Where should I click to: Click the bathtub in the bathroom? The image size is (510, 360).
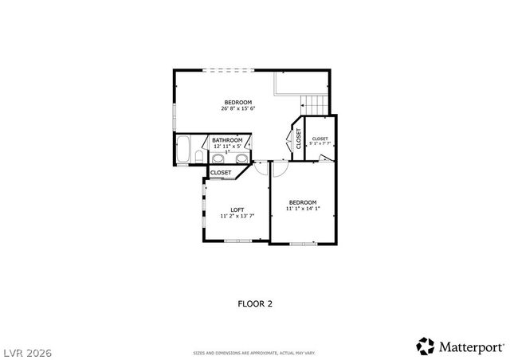pos(183,151)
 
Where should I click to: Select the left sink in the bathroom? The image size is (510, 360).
pos(218,158)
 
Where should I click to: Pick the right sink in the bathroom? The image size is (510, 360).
pos(240,158)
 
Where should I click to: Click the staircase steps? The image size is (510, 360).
pos(314,104)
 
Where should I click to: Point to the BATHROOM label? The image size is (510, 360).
pos(227,140)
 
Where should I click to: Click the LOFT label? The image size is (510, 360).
pos(237,210)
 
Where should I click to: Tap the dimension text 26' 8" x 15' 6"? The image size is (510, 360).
pos(237,108)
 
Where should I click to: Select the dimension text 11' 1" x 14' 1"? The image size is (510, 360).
pos(303,209)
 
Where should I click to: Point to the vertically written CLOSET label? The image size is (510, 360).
pos(299,139)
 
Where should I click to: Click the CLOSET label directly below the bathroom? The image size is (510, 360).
pos(221,172)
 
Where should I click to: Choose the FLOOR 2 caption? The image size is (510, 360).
pos(255,303)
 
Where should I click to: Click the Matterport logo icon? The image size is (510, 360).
pos(426,346)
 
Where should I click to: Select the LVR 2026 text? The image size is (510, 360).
pos(27,349)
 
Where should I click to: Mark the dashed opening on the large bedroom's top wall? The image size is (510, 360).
pos(228,71)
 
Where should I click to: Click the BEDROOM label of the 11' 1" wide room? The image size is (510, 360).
pos(303,202)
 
